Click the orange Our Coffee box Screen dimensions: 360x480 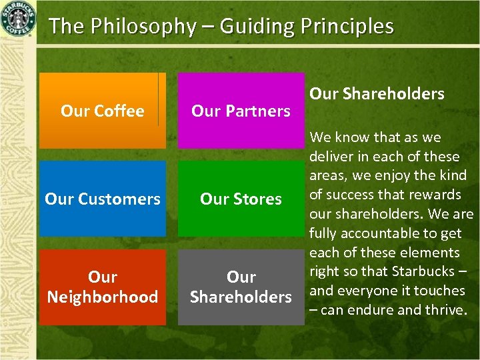click(x=102, y=111)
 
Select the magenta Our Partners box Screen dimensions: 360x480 click(x=241, y=111)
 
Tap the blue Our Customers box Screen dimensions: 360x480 click(x=102, y=199)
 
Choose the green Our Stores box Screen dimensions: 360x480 click(x=241, y=199)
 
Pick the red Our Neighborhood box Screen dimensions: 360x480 click(x=102, y=287)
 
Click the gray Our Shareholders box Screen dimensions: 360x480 click(x=241, y=287)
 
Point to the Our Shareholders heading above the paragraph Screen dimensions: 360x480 click(x=377, y=94)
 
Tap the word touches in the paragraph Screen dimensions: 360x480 click(x=439, y=291)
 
